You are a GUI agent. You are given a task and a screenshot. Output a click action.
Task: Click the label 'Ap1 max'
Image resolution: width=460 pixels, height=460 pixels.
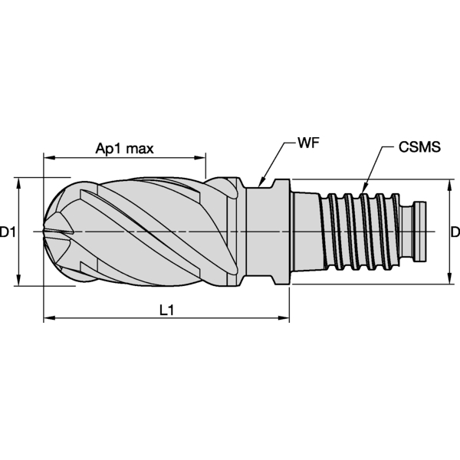coord(124,147)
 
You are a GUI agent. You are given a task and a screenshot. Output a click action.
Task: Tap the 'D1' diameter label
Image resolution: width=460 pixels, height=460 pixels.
coord(8,232)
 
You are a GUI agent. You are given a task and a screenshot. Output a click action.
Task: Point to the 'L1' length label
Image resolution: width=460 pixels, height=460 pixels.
coord(166,310)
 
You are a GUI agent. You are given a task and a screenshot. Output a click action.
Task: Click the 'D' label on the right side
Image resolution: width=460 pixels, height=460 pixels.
coord(454,232)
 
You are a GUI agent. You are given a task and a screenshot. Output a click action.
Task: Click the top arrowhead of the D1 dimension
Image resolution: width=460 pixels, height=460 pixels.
coord(18,182)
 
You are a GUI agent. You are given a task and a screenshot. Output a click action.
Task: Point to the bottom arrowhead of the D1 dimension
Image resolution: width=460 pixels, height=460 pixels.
coord(18,282)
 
